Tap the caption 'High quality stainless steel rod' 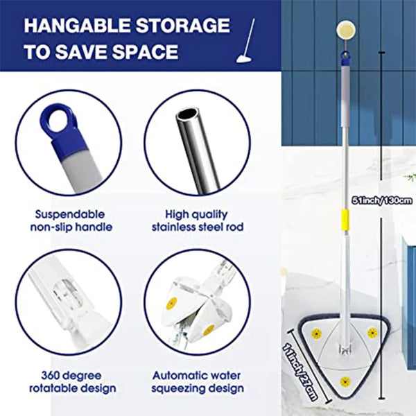pyautogui.click(x=197, y=220)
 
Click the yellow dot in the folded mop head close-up pyautogui.click(x=173, y=302)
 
